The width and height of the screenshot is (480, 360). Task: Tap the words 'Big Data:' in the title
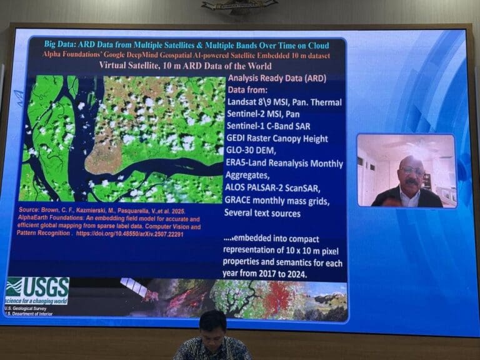point(66,44)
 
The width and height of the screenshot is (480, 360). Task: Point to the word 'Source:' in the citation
point(31,210)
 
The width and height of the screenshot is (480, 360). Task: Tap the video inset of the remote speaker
point(406,170)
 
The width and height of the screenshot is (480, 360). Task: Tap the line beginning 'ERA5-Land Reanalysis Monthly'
point(284,164)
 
